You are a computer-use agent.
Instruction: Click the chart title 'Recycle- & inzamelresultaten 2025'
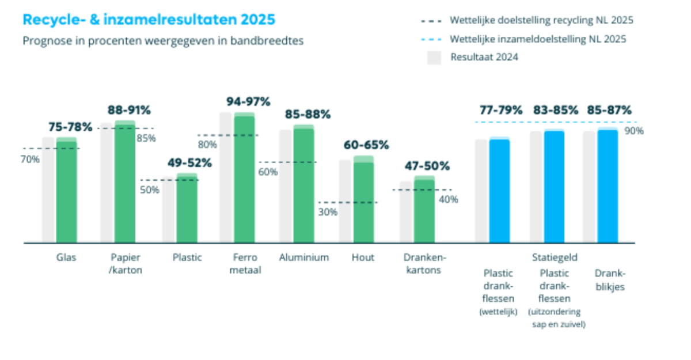[x=149, y=20]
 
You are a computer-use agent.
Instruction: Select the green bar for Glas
[x=66, y=193]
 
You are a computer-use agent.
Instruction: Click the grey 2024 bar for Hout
[x=345, y=202]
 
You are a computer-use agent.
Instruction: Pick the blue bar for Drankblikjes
[x=608, y=187]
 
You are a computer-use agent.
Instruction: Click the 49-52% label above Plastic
[x=189, y=163]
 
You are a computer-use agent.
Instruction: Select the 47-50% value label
[x=427, y=166]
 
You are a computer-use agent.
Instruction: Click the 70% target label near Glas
[x=30, y=159]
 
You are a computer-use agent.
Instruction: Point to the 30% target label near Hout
[x=328, y=212]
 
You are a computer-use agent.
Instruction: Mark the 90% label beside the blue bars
[x=633, y=131]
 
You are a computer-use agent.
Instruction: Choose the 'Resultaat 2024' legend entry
[x=484, y=57]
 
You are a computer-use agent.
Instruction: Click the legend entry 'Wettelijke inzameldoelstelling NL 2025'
[x=538, y=39]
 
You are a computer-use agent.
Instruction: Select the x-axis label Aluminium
[x=304, y=257]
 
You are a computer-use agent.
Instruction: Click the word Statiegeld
[x=555, y=257]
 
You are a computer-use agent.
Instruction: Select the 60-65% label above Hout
[x=367, y=145]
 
